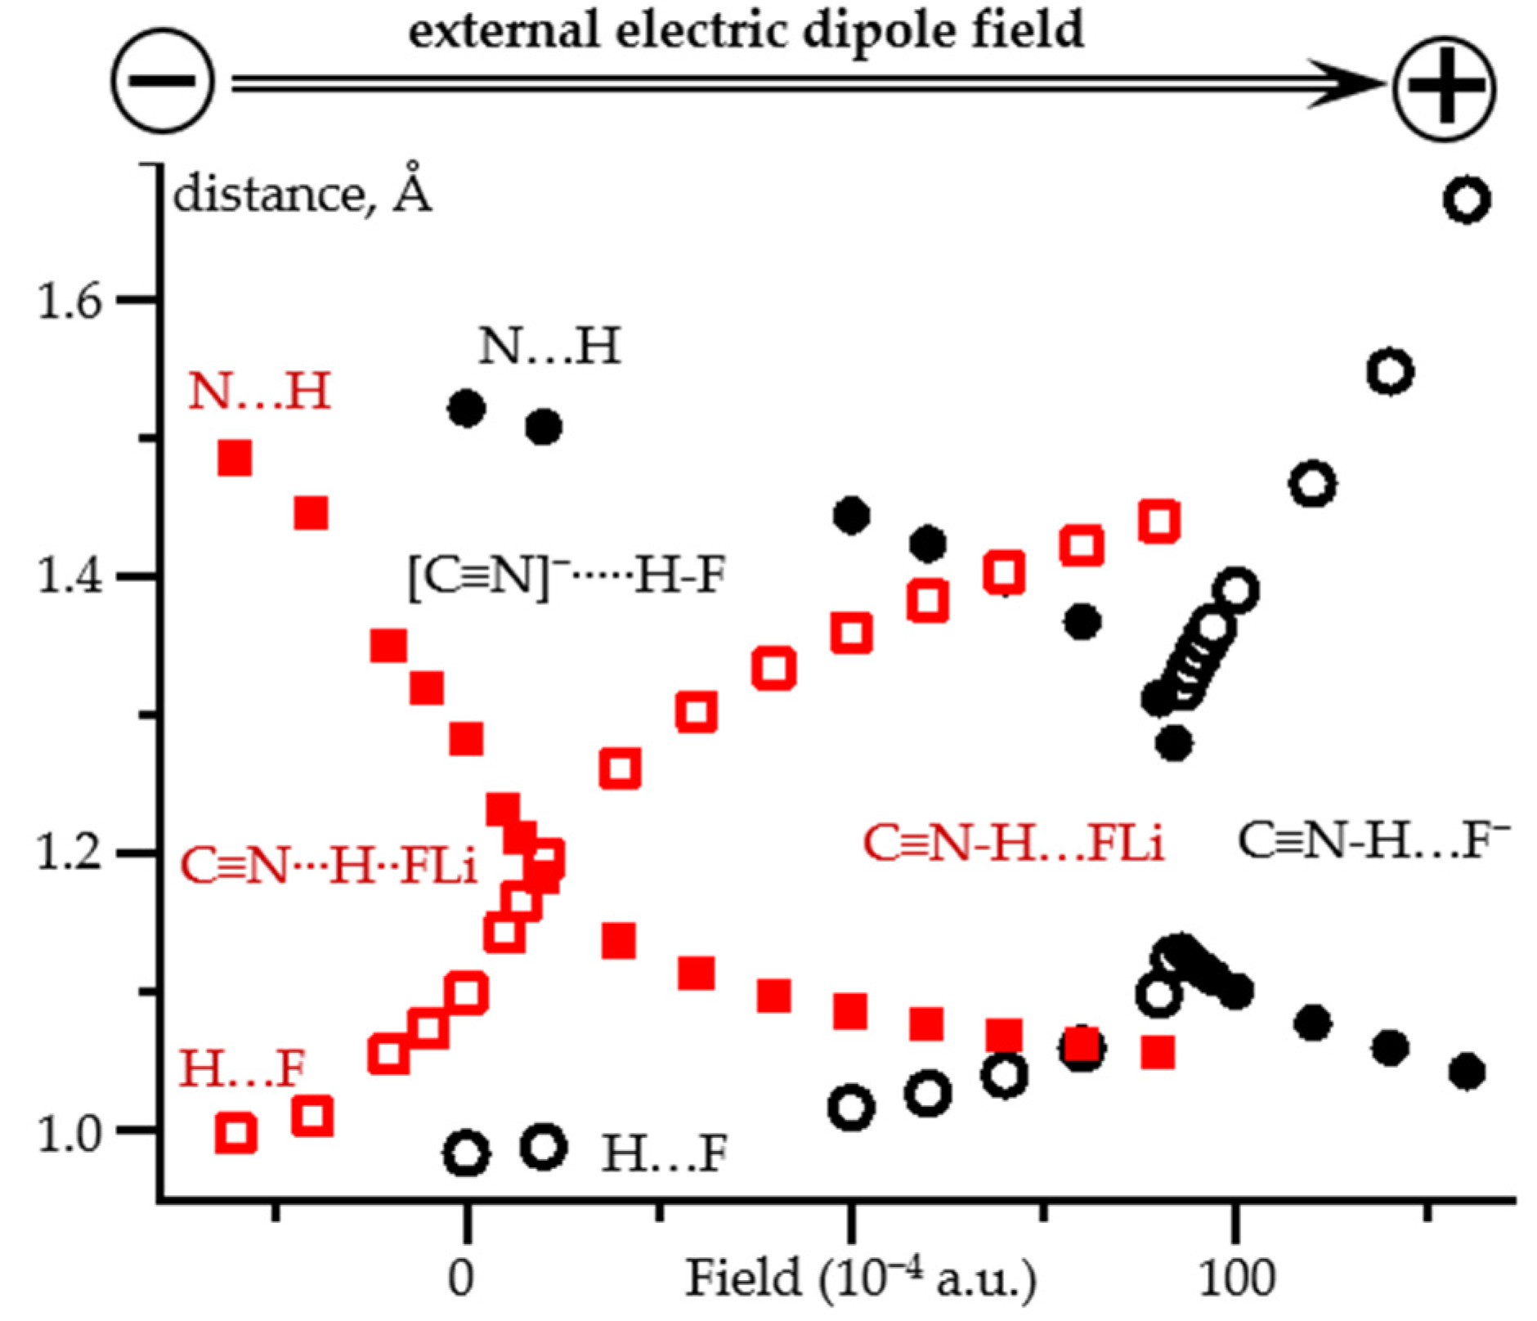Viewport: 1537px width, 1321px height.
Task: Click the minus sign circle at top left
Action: (163, 80)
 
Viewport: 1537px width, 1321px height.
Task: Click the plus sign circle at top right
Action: (1445, 87)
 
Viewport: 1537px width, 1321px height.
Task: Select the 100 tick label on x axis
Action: (1237, 1277)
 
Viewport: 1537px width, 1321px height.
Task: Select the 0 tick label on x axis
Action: (462, 1277)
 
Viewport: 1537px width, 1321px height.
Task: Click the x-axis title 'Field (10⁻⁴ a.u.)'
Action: (860, 1277)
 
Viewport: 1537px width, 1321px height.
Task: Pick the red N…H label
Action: (259, 391)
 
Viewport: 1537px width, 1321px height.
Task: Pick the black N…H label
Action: (549, 346)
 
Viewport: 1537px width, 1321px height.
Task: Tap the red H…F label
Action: (242, 1068)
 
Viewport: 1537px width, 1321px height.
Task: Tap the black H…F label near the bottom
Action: (664, 1153)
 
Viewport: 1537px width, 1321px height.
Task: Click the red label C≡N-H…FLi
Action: (1013, 842)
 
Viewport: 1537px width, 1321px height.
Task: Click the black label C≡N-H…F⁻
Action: (1373, 840)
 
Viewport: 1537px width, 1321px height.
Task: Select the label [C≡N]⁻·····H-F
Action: (567, 575)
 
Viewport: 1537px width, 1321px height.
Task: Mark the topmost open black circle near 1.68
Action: (1468, 199)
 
